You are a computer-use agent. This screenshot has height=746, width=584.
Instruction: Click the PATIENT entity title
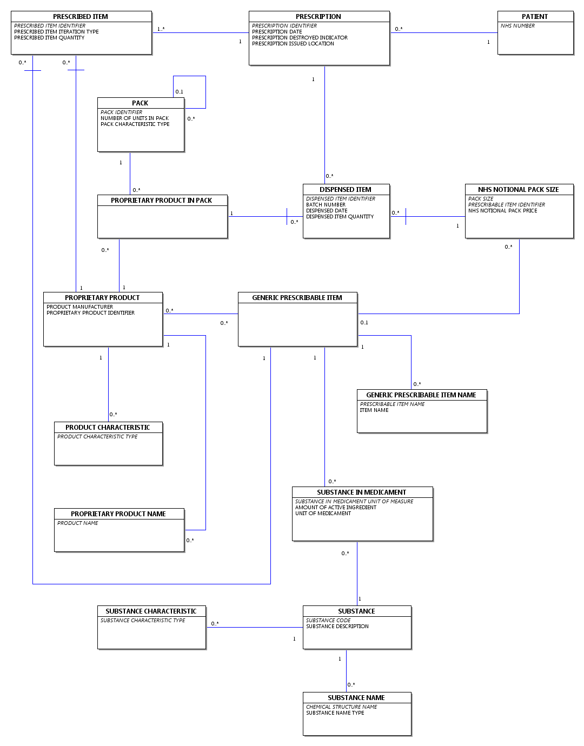point(535,16)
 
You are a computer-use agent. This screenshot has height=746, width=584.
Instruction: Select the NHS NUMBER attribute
point(517,26)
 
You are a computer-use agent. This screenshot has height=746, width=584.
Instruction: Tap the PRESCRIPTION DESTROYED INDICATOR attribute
point(300,37)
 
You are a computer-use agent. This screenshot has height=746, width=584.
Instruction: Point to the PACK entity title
point(140,103)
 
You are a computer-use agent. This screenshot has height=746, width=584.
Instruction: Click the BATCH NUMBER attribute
point(326,204)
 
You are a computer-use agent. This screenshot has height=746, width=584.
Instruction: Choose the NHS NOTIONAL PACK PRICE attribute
point(503,210)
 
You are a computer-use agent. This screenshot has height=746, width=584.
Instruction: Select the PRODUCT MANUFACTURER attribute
point(79,307)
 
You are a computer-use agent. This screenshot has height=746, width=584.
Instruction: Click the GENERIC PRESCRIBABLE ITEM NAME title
point(421,395)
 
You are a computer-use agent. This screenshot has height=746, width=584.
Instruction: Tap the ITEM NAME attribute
point(374,410)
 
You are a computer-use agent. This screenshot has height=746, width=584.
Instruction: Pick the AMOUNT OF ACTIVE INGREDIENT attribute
point(336,507)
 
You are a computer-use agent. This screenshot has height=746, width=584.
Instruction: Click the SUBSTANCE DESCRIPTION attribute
point(337,626)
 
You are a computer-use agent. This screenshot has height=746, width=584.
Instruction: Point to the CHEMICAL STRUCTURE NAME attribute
point(342,707)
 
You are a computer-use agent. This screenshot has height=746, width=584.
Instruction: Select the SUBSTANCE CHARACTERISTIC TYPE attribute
point(143,621)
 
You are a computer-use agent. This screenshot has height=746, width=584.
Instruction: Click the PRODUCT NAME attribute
point(77,523)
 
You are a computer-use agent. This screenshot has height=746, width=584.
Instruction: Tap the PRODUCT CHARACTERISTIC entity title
point(108,428)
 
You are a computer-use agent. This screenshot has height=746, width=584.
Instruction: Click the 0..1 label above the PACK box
point(179,92)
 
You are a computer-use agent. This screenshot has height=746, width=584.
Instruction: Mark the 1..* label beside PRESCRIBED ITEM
point(161,29)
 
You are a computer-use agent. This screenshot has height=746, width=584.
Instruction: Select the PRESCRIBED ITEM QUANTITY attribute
point(49,37)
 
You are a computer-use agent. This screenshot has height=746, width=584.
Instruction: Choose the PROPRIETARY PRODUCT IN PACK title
point(161,200)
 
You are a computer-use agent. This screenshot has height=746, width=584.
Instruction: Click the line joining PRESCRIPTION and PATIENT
point(444,33)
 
